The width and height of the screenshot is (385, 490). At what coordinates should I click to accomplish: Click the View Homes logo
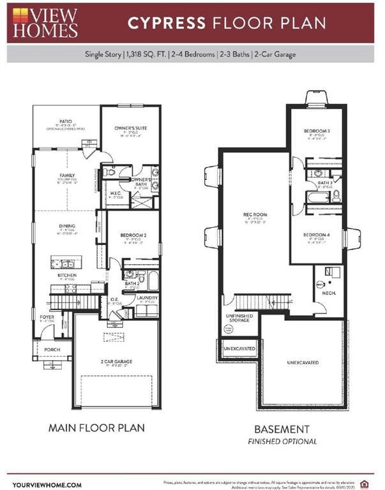coord(45,22)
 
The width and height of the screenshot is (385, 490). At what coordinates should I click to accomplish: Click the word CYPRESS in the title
coord(166,23)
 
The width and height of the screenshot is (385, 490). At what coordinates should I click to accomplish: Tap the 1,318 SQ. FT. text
coord(148,54)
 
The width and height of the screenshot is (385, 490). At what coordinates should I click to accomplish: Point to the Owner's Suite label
coord(130,128)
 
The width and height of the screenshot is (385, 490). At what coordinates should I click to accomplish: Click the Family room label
coord(67,175)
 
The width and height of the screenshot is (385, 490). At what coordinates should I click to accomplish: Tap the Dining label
coord(67,226)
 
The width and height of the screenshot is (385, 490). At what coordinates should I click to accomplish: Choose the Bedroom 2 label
coord(133,235)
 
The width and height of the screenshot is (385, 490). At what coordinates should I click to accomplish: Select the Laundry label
coord(147,298)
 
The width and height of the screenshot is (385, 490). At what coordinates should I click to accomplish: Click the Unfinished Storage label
coord(239,318)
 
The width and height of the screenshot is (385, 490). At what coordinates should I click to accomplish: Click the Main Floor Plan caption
coord(96,427)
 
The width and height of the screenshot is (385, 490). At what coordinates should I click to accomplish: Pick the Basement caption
coord(282,429)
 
